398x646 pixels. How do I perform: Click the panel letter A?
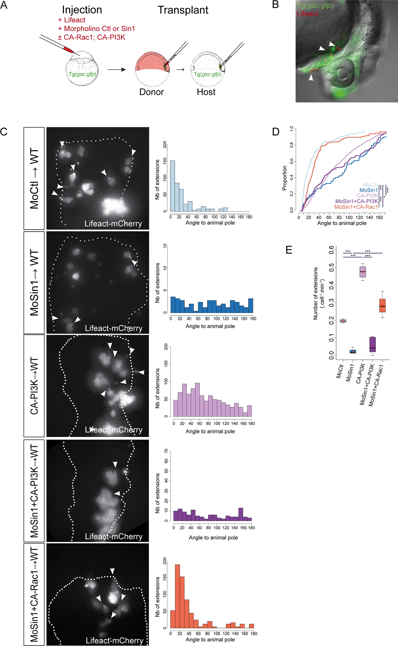tap(4, 5)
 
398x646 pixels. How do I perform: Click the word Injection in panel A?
tap(82, 10)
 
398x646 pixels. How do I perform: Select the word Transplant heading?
tap(183, 10)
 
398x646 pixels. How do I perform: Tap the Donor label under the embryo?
tap(152, 92)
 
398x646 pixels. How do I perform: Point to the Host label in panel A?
tap(206, 92)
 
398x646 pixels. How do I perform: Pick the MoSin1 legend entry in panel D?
tap(368, 190)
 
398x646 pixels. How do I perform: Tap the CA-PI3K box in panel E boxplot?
tap(363, 272)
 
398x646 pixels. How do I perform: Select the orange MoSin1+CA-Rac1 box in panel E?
tap(382, 305)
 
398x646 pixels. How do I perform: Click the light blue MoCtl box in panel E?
tap(343, 321)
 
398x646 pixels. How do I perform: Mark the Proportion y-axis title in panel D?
tap(284, 178)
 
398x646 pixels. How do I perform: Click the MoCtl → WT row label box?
tap(34, 178)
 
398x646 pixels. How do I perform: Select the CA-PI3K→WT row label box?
tap(34, 386)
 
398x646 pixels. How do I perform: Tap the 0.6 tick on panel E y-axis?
tap(331, 248)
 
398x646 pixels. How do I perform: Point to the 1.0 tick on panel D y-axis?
tap(291, 129)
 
